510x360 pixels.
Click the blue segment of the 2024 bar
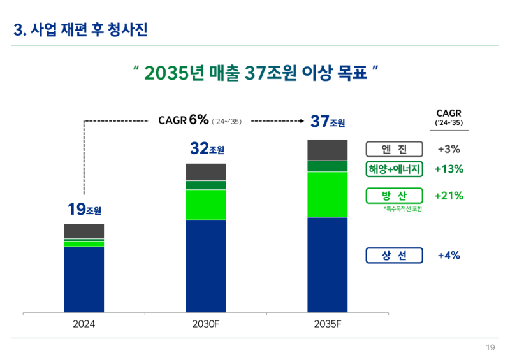click(84, 279)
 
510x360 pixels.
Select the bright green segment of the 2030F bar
click(205, 205)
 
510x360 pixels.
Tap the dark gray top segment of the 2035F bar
click(327, 150)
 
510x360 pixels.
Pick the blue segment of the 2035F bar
click(327, 264)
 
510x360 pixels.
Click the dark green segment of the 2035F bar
click(327, 166)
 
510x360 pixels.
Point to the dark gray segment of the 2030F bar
click(205, 172)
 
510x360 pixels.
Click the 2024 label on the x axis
click(84, 324)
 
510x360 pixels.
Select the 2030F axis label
click(205, 324)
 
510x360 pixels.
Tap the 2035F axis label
click(327, 324)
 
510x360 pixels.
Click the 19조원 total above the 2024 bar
click(84, 209)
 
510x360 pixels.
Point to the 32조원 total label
click(207, 149)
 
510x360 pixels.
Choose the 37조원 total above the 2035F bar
click(328, 121)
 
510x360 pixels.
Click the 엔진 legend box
click(394, 149)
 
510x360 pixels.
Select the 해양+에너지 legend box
click(394, 169)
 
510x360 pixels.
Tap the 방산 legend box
click(394, 196)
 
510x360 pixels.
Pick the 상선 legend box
click(394, 256)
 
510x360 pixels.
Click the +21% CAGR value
click(449, 196)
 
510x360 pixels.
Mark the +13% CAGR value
click(449, 169)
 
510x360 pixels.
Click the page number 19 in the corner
click(490, 347)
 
